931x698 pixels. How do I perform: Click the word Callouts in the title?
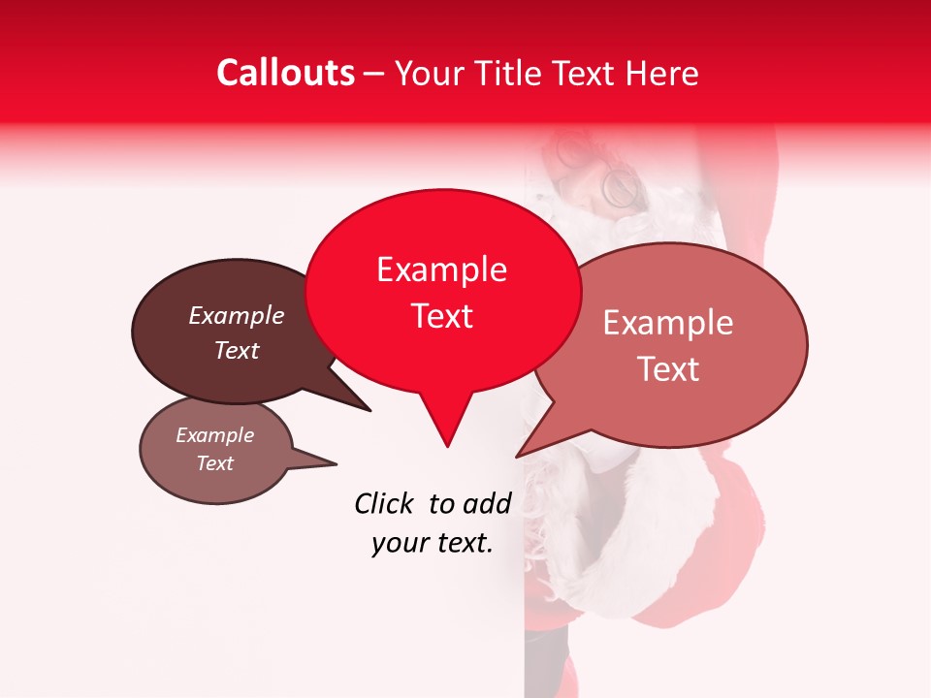285,73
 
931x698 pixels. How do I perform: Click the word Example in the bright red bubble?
441,270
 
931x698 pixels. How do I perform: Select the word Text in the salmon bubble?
668,369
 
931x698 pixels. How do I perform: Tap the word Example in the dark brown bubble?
237,316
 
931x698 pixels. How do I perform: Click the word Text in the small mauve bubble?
215,463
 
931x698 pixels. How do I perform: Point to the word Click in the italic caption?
384,503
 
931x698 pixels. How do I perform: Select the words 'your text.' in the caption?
432,543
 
